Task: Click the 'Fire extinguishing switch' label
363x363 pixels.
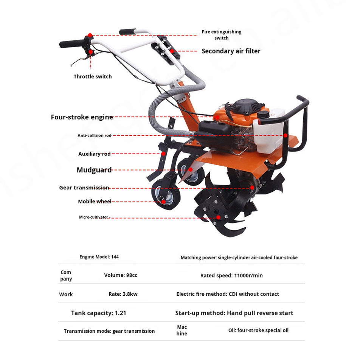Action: coord(221,35)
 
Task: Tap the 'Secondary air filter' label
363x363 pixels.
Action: coord(231,51)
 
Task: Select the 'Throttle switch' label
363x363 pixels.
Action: coord(93,76)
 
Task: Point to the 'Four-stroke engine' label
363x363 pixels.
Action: coord(82,117)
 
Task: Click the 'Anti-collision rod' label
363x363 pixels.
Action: coord(95,135)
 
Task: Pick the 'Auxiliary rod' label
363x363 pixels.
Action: coord(94,154)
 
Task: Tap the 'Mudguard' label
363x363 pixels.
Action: coord(94,170)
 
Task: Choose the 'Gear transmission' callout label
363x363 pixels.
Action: coord(84,188)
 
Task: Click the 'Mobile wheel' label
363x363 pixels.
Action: coord(95,202)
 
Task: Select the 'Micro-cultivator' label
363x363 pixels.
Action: coord(93,217)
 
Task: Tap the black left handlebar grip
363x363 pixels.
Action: coord(72,43)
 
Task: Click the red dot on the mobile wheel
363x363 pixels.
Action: coord(163,202)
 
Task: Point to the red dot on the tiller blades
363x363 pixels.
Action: coord(218,217)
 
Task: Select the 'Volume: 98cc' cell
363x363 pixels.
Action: coord(121,275)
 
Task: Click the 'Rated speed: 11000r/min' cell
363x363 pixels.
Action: coord(231,276)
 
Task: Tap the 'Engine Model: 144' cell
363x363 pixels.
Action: coord(99,257)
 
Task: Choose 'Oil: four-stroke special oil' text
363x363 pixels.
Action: coord(258,330)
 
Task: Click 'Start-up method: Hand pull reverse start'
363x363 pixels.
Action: coord(234,313)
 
